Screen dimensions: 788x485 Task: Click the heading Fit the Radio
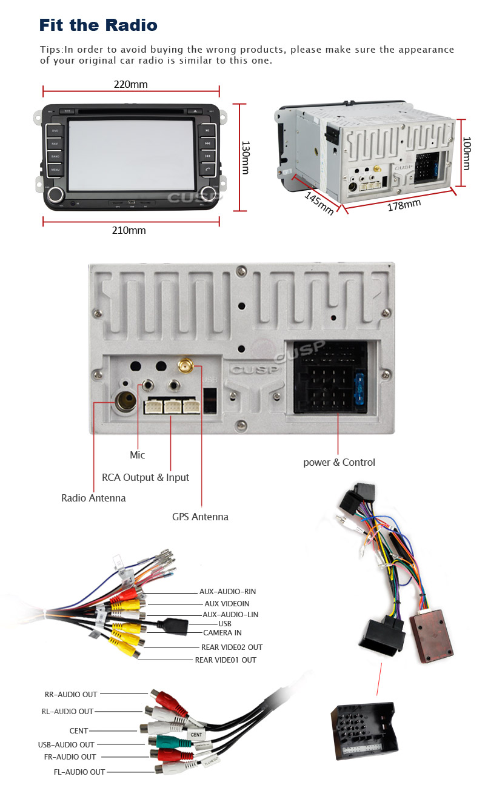point(98,25)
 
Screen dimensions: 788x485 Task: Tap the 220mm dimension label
point(130,84)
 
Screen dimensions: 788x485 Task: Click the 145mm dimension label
point(319,203)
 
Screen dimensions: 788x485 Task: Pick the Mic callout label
point(138,455)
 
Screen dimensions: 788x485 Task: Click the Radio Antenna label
point(93,498)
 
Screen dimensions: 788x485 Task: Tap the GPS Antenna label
point(200,517)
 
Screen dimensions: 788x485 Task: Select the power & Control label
point(339,462)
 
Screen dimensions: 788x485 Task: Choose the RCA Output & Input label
point(145,477)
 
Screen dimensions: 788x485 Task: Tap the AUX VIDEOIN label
point(227,603)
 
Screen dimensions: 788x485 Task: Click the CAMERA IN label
point(222,633)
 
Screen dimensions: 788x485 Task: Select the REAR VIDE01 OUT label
point(225,660)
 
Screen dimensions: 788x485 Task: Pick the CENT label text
point(79,731)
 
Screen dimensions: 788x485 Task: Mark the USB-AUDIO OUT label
point(66,744)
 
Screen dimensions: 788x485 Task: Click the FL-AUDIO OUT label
point(79,772)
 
